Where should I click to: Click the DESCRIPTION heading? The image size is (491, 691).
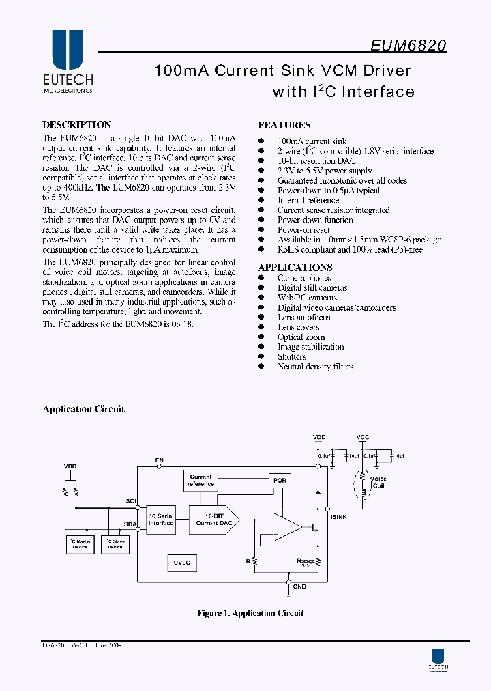coord(76,125)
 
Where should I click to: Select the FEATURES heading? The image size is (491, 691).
coord(284,125)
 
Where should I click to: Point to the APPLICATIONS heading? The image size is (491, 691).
coord(295,268)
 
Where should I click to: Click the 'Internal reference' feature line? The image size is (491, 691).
coord(308,201)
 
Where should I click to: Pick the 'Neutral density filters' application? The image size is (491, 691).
coord(315,367)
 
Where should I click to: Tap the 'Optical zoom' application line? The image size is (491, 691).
coord(301,337)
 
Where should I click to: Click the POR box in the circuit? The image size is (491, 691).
coord(280,481)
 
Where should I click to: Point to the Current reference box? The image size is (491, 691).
coord(200,481)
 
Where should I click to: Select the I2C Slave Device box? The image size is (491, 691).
coord(115,544)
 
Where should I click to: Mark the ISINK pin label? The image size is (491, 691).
coord(339,517)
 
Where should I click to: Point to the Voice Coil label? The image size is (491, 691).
coord(378,482)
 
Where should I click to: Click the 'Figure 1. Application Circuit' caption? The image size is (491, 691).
coord(250,613)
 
